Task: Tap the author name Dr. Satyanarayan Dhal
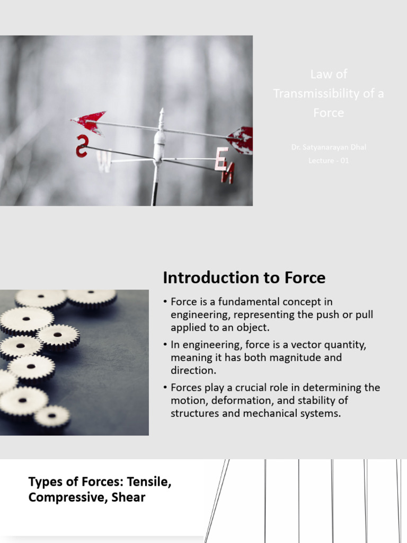[329, 147]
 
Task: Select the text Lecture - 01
[329, 161]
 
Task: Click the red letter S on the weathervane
[82, 145]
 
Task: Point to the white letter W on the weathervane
[104, 161]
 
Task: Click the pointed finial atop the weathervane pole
[161, 113]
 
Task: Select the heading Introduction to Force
[244, 277]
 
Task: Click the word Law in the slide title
[321, 74]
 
